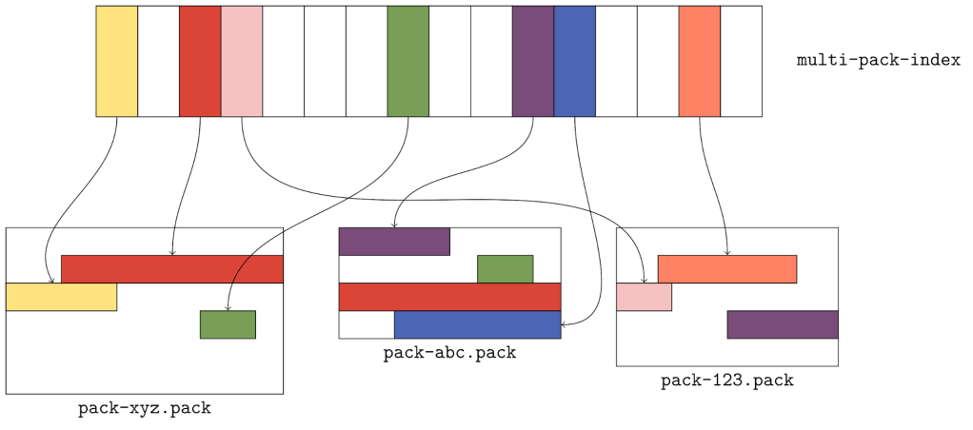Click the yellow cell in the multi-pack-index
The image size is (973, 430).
coord(117,61)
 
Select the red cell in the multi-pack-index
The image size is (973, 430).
coord(200,61)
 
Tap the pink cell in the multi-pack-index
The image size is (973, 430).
coord(242,61)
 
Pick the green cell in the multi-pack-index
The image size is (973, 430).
coord(407,61)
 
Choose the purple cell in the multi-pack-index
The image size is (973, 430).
coord(532,61)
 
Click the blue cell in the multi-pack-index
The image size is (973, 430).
coord(574,61)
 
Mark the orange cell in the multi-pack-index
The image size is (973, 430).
coord(699,61)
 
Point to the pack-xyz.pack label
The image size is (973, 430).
coord(145,409)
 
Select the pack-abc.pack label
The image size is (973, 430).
coord(449,354)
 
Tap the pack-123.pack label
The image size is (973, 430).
coord(726,381)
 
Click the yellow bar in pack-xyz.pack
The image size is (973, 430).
coord(61,297)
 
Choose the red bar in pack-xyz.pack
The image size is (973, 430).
coord(172,269)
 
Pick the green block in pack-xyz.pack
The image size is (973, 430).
coord(228,324)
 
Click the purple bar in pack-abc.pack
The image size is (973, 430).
coord(394,242)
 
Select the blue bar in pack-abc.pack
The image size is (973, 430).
coord(477,324)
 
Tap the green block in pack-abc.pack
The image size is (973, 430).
coord(505,269)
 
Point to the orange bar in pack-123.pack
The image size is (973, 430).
coord(726,269)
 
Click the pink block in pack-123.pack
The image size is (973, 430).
coord(644,297)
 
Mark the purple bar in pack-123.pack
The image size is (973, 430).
coord(782,324)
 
